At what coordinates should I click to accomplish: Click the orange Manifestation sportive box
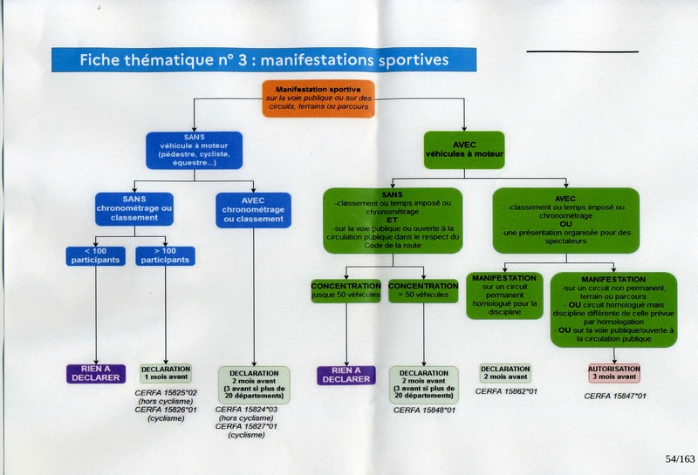coord(318,99)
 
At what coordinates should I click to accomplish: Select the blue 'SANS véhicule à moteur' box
coord(194,151)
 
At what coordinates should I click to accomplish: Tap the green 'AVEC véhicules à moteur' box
coord(464,148)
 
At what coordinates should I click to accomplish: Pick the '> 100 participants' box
coord(165,255)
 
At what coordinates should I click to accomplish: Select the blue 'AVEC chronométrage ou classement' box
coord(253,209)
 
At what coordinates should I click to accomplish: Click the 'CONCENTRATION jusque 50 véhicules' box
coord(346,291)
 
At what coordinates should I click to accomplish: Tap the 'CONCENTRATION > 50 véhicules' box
coord(423,291)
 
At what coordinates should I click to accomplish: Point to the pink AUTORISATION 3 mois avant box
coord(613,373)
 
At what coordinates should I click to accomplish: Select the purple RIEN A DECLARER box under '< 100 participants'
coord(97,374)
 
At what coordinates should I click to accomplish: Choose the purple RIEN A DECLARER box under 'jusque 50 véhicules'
coord(346,374)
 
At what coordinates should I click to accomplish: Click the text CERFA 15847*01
coord(615,396)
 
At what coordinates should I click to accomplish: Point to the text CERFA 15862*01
coord(506,391)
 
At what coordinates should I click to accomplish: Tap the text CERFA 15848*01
coord(424,410)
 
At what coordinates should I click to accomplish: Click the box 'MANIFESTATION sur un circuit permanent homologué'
coord(504,295)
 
